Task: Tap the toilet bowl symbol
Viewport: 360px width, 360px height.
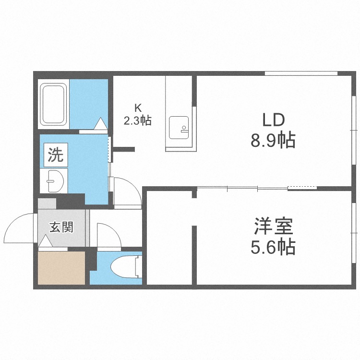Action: [124, 267]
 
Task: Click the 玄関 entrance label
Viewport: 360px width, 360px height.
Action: [62, 227]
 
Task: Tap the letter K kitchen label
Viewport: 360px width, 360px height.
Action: [137, 108]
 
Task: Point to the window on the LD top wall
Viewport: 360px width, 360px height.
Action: [301, 73]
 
